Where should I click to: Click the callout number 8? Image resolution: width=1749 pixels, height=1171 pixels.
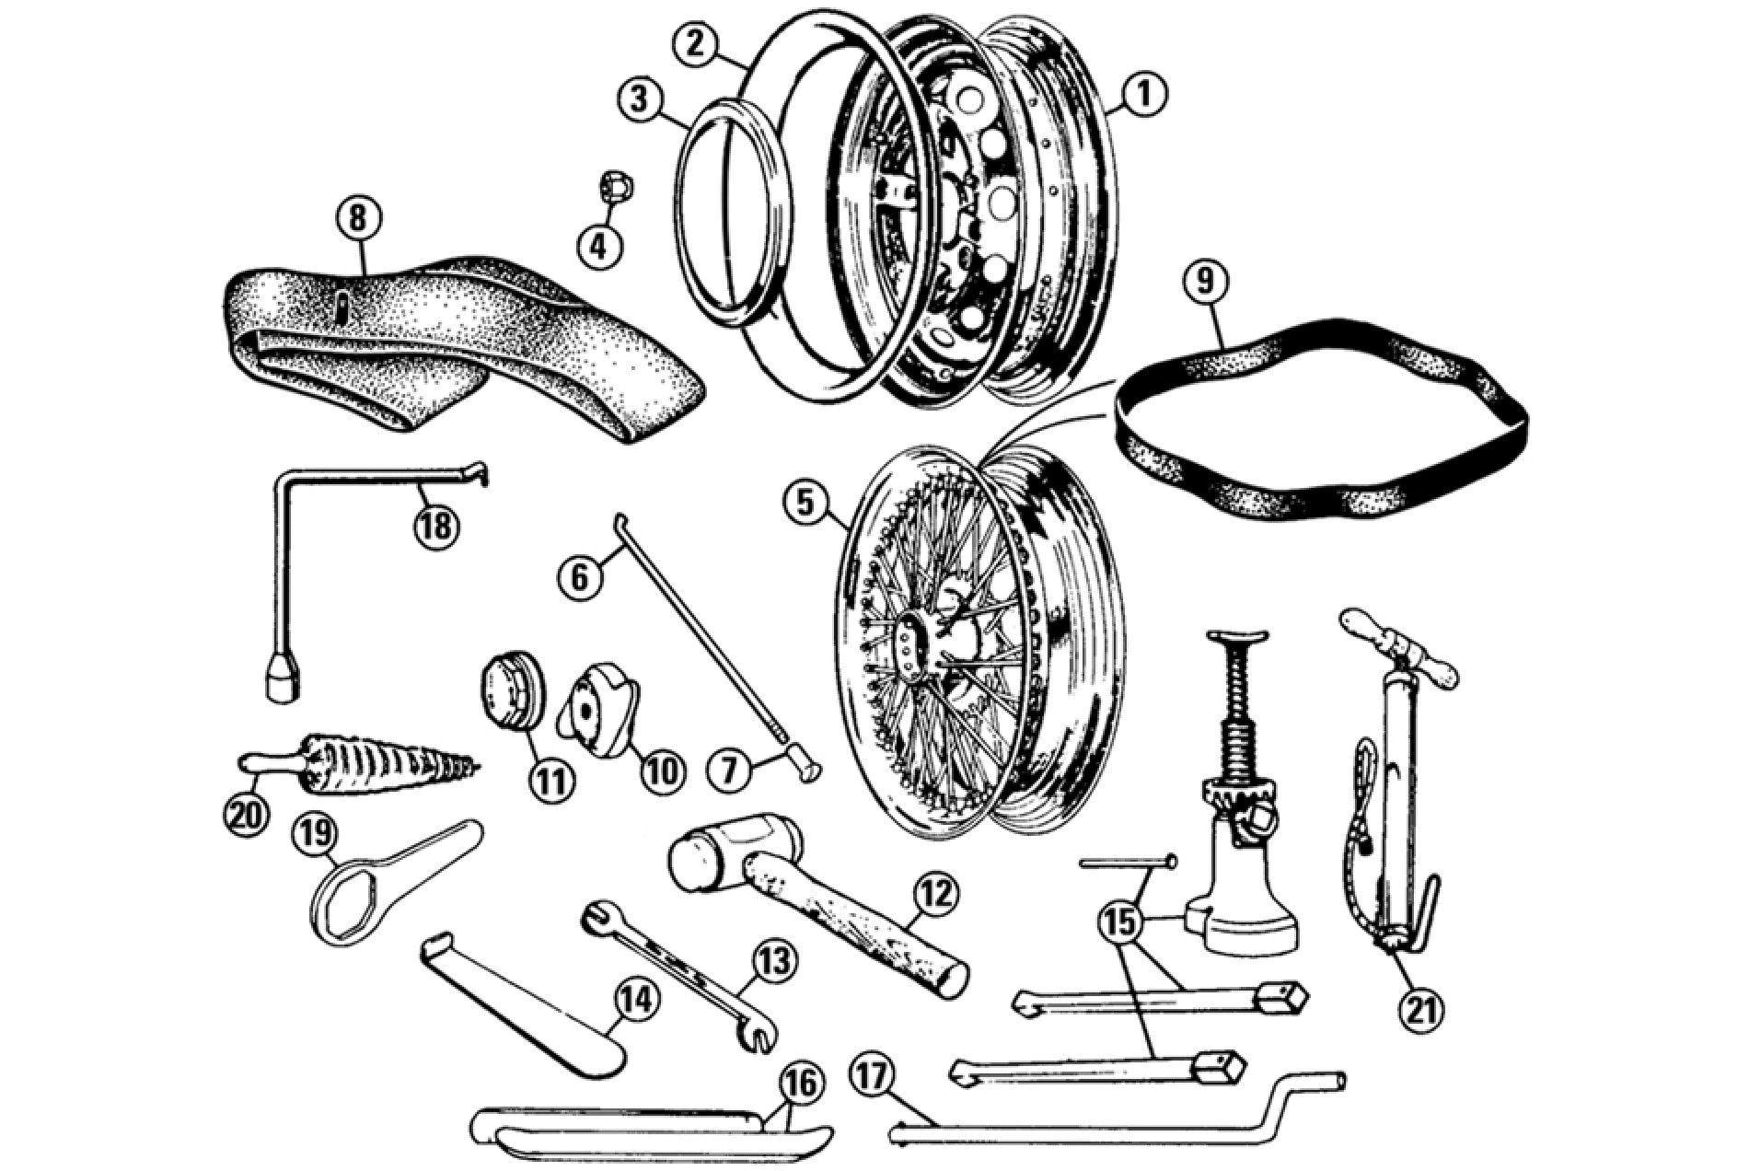pos(357,219)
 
